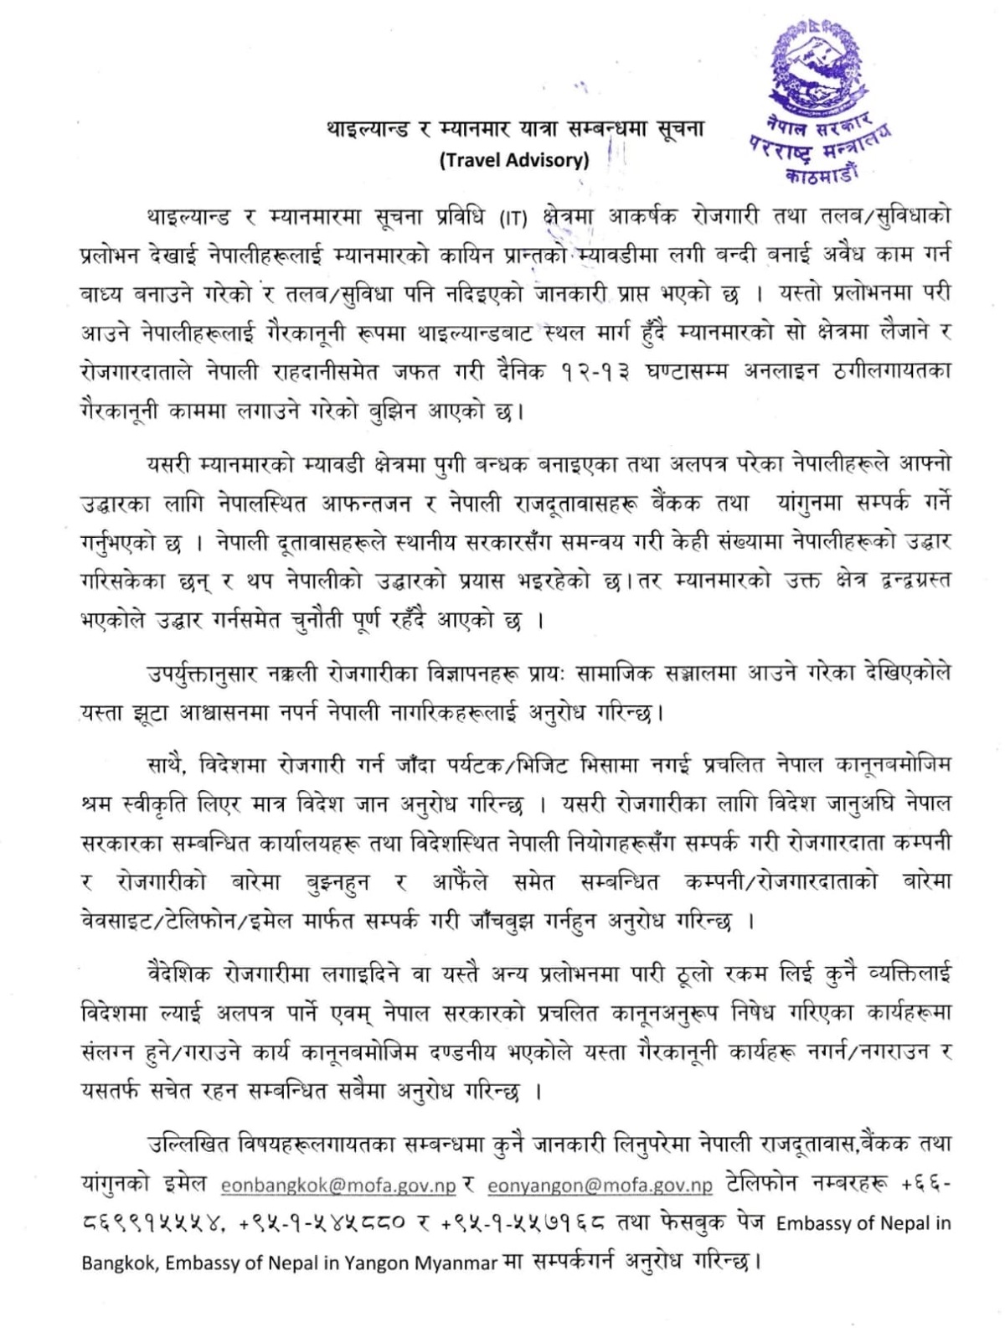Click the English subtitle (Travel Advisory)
(x=514, y=160)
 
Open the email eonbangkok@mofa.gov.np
(x=338, y=1186)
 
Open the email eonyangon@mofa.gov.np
(x=600, y=1186)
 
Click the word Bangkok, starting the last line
(x=118, y=1263)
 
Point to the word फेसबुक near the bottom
(x=683, y=1223)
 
